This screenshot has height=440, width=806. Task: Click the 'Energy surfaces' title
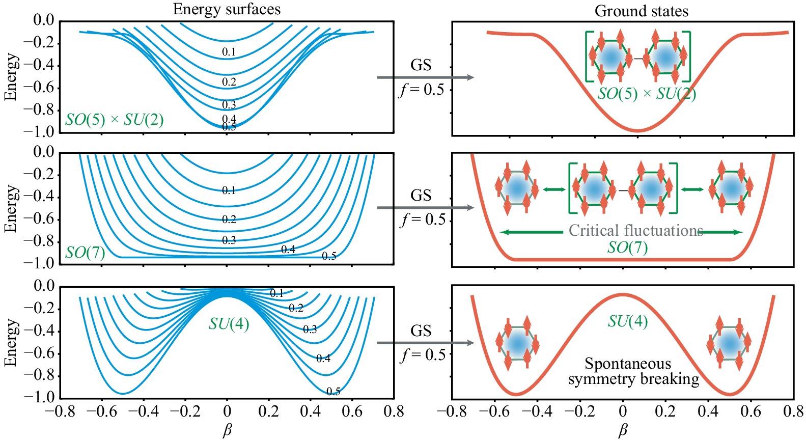click(x=227, y=9)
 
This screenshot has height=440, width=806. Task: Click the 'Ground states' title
click(x=641, y=11)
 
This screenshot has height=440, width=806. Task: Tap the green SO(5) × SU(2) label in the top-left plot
click(x=115, y=120)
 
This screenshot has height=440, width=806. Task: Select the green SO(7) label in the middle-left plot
click(x=85, y=253)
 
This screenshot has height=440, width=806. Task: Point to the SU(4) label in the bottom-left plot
click(x=229, y=323)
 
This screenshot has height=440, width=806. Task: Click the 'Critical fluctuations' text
click(x=636, y=231)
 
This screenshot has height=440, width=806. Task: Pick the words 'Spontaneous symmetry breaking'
click(x=634, y=371)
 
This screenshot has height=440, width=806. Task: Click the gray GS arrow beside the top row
click(x=425, y=77)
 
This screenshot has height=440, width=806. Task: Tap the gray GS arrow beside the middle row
click(x=425, y=208)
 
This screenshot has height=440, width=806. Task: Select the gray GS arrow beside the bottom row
click(x=425, y=343)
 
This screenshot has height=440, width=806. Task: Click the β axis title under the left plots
click(x=227, y=431)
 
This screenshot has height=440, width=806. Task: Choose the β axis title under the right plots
click(x=623, y=431)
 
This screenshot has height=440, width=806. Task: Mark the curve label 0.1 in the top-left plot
click(x=229, y=52)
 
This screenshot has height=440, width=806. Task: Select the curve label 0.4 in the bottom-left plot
click(x=323, y=359)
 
